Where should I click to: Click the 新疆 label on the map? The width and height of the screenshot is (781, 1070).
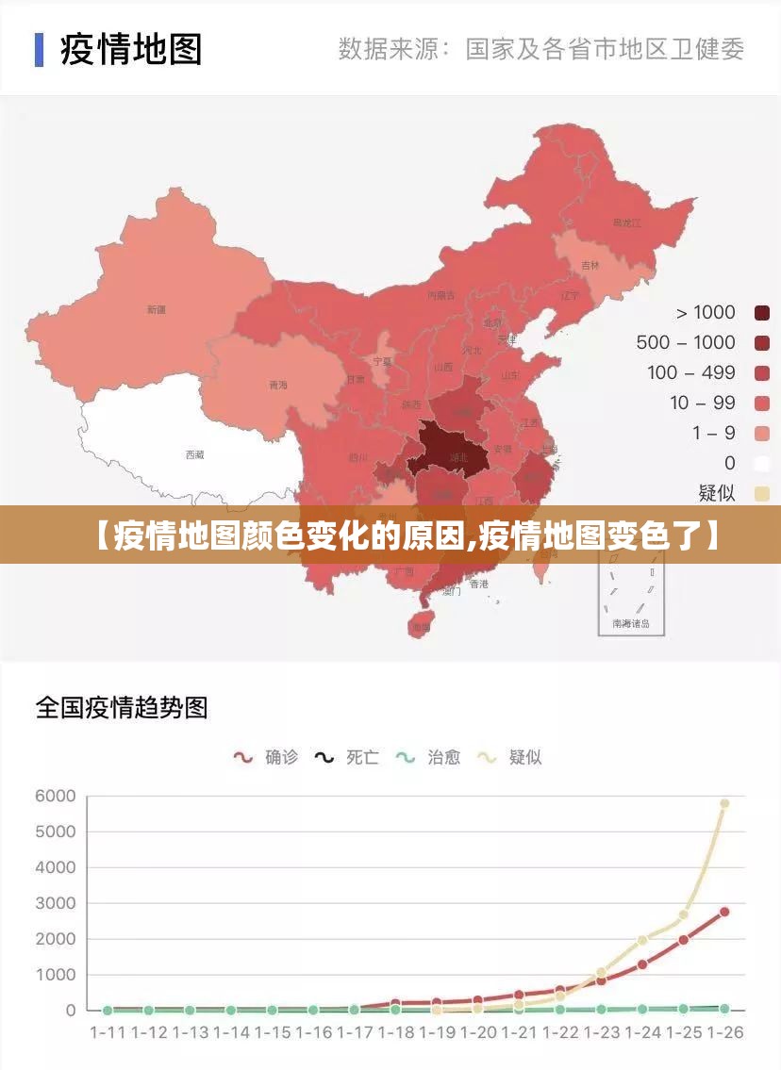157,309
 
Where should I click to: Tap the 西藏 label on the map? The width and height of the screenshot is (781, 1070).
194,454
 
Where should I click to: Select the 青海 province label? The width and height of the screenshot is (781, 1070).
278,385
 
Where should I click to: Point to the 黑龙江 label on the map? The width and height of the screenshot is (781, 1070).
626,223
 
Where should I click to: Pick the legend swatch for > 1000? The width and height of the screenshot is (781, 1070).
762,313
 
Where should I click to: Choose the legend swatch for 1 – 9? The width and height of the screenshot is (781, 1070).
762,433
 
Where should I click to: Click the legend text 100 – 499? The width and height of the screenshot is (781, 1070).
690,372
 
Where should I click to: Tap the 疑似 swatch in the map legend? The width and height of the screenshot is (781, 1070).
762,493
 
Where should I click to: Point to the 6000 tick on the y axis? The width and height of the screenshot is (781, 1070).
55,796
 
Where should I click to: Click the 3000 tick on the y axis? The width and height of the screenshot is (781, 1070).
55,903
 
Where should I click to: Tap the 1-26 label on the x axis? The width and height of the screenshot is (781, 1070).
723,1032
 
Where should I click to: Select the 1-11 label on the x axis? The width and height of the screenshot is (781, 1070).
108,1032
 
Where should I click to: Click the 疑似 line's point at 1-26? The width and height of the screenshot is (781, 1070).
724,803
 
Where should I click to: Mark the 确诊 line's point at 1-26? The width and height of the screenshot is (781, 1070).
724,912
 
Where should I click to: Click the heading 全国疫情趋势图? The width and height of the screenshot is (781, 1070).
122,707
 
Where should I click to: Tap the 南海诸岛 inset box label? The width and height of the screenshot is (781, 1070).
631,623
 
